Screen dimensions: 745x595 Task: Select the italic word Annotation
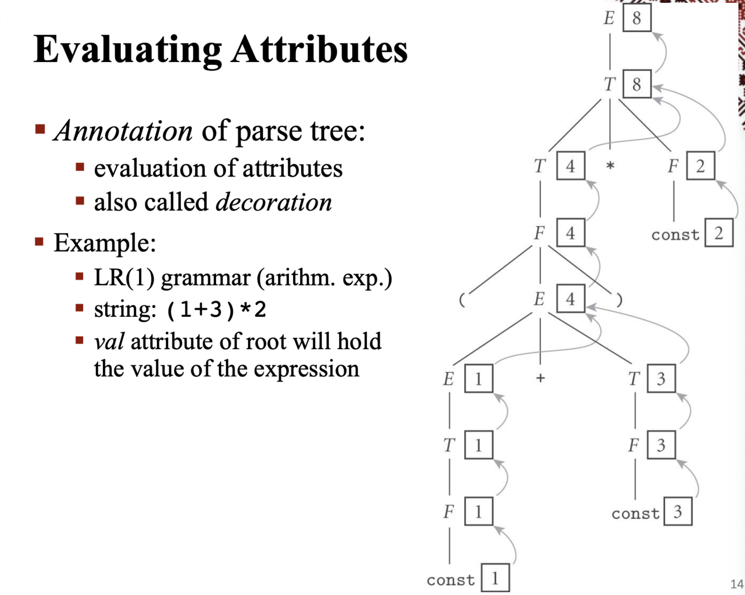click(x=123, y=131)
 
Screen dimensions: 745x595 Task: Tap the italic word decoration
click(x=274, y=202)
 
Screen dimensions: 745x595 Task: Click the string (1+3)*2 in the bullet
click(x=216, y=310)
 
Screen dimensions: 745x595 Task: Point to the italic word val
click(x=109, y=341)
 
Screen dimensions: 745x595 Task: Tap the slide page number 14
click(x=737, y=584)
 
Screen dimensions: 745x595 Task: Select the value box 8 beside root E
click(x=637, y=18)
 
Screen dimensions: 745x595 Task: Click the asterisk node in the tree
click(x=610, y=166)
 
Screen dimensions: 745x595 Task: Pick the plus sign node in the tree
click(x=540, y=378)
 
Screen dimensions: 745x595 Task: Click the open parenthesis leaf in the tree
click(x=462, y=300)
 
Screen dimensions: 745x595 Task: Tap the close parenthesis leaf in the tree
click(x=619, y=300)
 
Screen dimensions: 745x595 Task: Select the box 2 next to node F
click(x=700, y=166)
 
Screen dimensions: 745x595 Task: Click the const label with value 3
click(x=635, y=513)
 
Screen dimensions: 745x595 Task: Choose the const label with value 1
click(x=450, y=580)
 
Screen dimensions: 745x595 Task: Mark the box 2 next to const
click(x=719, y=233)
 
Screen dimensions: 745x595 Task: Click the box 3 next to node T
click(x=661, y=379)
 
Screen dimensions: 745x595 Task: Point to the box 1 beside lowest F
click(x=479, y=512)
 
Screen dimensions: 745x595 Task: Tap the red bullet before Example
click(x=40, y=242)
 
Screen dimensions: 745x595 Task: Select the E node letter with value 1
click(x=448, y=379)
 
